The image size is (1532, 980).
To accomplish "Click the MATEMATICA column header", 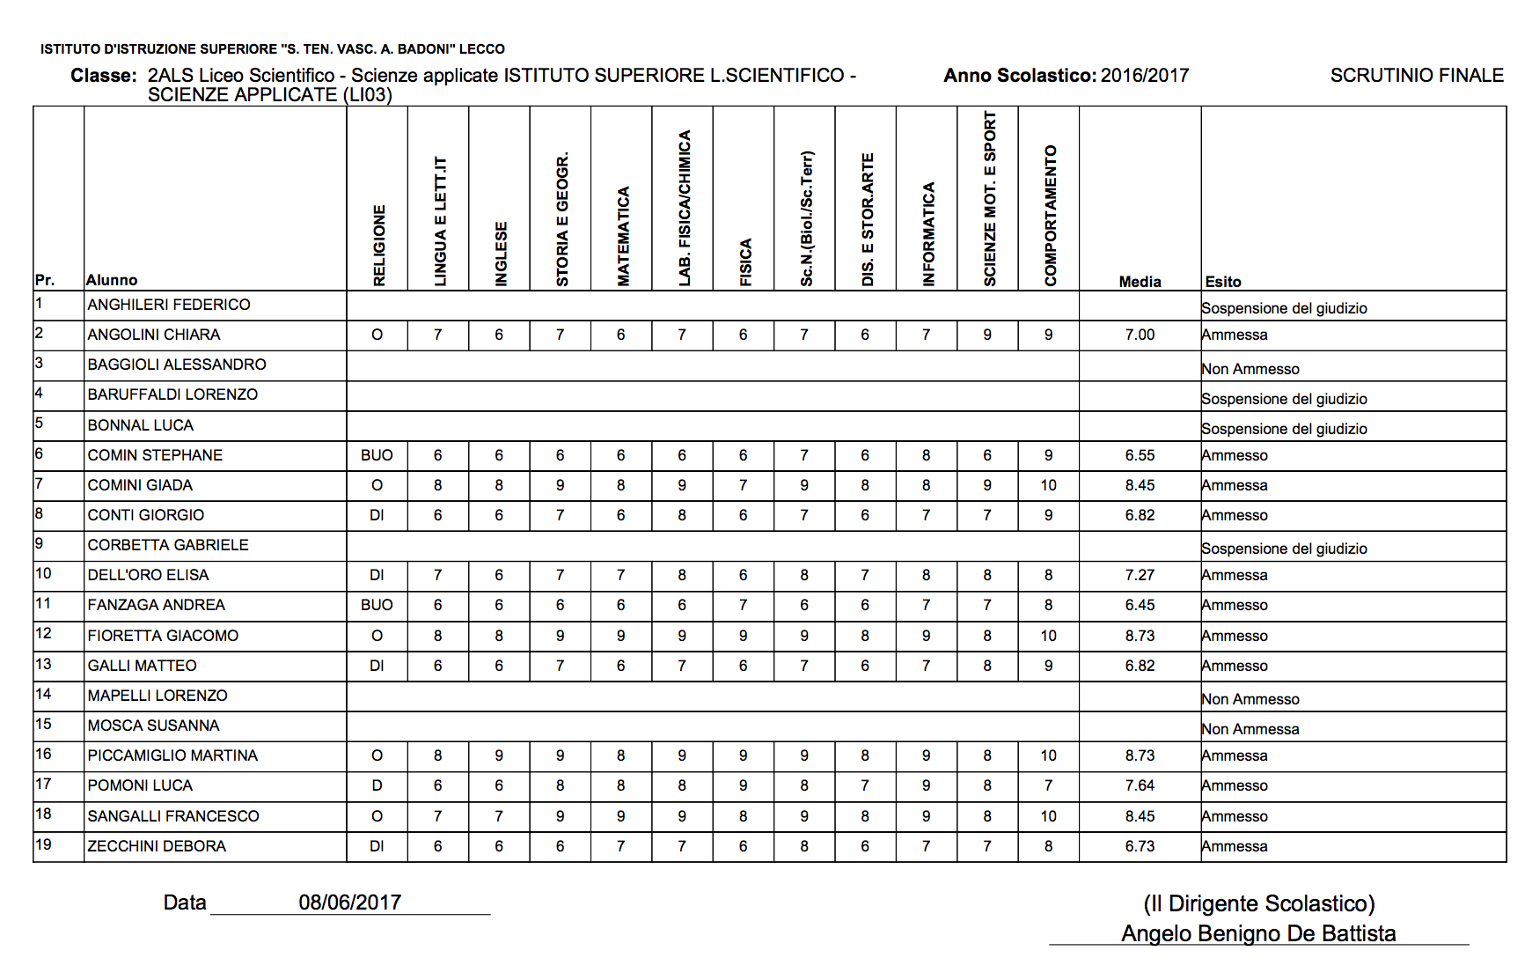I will [623, 236].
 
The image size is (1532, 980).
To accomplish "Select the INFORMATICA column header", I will [928, 234].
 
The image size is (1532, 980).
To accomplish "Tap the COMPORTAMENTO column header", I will [1050, 216].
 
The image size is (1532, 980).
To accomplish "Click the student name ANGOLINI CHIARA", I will [154, 335].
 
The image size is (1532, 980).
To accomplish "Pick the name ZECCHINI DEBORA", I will [157, 846].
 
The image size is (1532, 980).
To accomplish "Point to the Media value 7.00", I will [1140, 335].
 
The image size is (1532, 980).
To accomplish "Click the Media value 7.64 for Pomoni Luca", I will [1140, 785].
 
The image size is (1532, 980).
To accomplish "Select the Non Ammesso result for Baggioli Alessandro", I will [1250, 369].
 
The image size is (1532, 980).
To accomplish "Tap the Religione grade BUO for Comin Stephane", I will [377, 455].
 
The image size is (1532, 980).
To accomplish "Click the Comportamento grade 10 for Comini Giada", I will [1048, 485].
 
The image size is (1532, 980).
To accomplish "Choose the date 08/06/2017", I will [350, 903].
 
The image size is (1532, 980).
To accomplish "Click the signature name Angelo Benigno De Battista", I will [1258, 933].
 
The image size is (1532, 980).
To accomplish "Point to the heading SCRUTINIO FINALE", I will [1417, 76].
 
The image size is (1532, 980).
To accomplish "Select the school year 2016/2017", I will [1145, 76].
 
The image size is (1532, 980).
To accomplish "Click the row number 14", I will [43, 695].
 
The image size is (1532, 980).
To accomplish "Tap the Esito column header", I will [1223, 282].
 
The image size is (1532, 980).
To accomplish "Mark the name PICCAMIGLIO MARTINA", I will [172, 755].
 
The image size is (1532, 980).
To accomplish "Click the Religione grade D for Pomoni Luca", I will [377, 785].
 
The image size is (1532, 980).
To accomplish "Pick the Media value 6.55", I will [1140, 455].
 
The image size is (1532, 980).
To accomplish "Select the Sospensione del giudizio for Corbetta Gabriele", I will [1284, 549].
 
